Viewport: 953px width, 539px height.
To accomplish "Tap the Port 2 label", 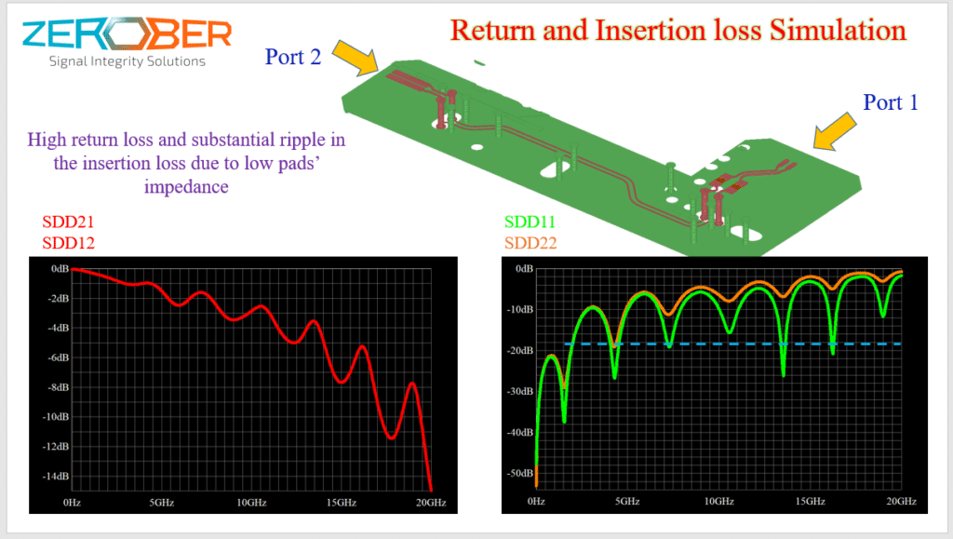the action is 293,57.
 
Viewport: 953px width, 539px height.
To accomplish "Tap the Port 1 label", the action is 891,102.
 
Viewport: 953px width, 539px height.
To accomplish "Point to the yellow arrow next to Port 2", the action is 356,59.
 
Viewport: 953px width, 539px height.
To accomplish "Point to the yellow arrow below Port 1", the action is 835,130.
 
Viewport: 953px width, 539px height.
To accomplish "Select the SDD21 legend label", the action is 68,222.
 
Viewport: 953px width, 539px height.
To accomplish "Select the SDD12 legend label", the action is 68,243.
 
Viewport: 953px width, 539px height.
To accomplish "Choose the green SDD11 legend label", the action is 530,222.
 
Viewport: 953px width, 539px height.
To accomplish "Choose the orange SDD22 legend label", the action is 530,243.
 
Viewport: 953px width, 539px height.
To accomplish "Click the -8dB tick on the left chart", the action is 59,387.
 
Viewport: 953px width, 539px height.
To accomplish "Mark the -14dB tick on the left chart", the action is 56,476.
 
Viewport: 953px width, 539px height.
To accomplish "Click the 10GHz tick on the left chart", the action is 251,503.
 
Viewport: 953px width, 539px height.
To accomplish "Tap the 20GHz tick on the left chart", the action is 431,503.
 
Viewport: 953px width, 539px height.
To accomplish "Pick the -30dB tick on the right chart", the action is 519,391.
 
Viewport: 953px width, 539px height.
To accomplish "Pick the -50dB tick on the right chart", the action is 519,473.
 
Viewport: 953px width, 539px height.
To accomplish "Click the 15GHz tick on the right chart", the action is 811,502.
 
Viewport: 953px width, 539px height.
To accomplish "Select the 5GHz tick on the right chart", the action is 627,502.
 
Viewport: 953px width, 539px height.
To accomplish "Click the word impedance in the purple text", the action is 186,186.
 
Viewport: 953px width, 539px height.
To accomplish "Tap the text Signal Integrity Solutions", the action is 127,61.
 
